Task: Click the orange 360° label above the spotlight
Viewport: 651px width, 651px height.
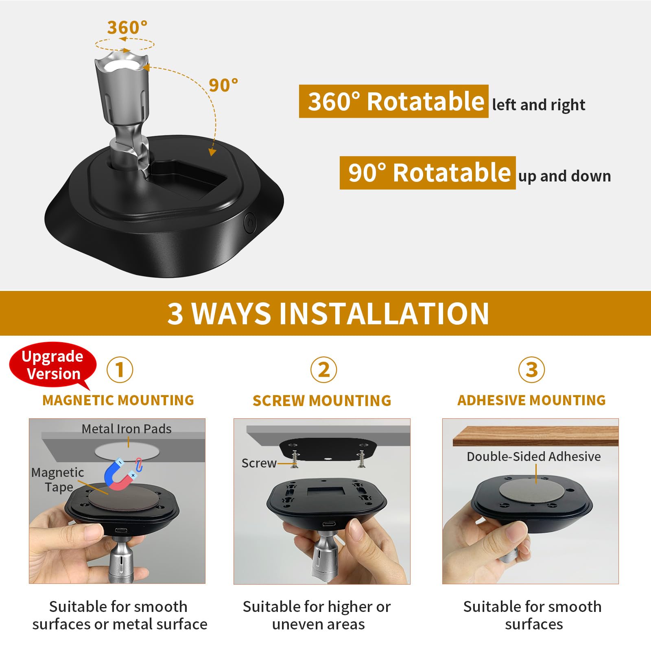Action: [127, 28]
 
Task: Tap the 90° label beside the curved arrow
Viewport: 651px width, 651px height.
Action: [223, 85]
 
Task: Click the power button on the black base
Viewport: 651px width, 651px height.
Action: [249, 223]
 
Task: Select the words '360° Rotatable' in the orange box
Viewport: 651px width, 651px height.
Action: [394, 101]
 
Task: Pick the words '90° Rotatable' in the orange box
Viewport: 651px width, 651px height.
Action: [428, 173]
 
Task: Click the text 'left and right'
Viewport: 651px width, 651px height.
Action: [538, 105]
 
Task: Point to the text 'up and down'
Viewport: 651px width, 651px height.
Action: [564, 176]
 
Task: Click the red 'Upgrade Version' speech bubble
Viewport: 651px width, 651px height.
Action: [52, 365]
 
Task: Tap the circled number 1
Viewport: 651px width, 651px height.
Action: [120, 370]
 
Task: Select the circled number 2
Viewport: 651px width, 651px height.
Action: [323, 370]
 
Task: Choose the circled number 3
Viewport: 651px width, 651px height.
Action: [531, 370]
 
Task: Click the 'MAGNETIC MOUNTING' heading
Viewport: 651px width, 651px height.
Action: [118, 400]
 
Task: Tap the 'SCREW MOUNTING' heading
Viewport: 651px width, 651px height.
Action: [322, 401]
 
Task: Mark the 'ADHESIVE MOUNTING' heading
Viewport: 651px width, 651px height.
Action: [531, 400]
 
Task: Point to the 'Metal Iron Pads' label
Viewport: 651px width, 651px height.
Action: [127, 429]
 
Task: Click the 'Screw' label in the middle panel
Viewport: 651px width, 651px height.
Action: [259, 463]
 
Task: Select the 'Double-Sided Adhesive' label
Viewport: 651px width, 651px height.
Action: [533, 457]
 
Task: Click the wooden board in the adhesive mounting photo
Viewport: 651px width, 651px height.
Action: [535, 436]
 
